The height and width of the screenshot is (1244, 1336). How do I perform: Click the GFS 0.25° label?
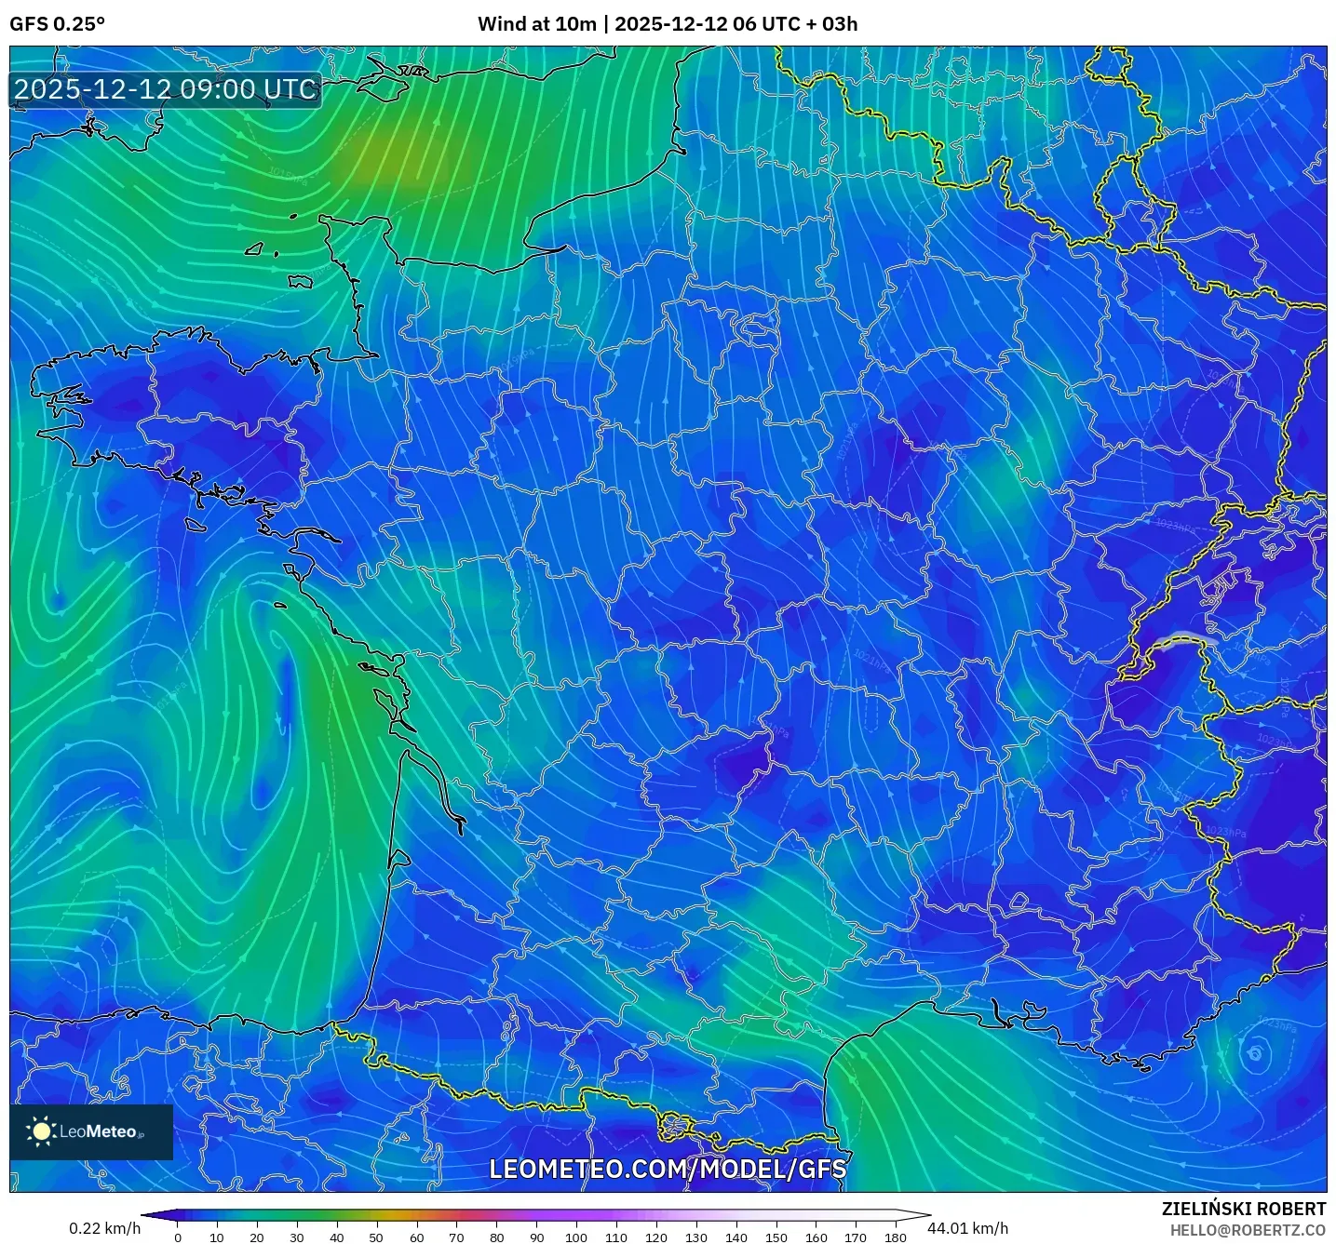pos(57,24)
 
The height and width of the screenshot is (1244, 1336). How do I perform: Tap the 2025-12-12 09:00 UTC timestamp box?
pos(166,90)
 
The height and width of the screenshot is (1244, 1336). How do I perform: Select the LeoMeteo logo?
pos(91,1131)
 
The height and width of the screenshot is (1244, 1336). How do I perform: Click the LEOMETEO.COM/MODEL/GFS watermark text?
pos(668,1169)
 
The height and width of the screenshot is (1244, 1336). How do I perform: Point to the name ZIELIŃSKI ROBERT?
pos(1243,1209)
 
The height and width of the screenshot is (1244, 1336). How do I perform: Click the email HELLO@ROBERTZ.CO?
pos(1248,1230)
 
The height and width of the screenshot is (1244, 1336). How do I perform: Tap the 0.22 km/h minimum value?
pos(104,1228)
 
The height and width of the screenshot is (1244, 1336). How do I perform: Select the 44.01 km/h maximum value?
pos(967,1228)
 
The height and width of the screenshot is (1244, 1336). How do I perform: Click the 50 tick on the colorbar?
pos(376,1237)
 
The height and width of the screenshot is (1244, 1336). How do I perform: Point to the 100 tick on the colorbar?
pos(576,1237)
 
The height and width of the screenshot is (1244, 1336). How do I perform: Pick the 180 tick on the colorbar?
pos(896,1237)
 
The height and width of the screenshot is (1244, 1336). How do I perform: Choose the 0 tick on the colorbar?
pos(178,1237)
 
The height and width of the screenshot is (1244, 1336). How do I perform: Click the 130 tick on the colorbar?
pos(696,1237)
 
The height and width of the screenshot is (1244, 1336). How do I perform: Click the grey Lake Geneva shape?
pos(1184,638)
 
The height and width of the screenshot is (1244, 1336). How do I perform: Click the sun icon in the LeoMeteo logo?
pos(41,1131)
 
